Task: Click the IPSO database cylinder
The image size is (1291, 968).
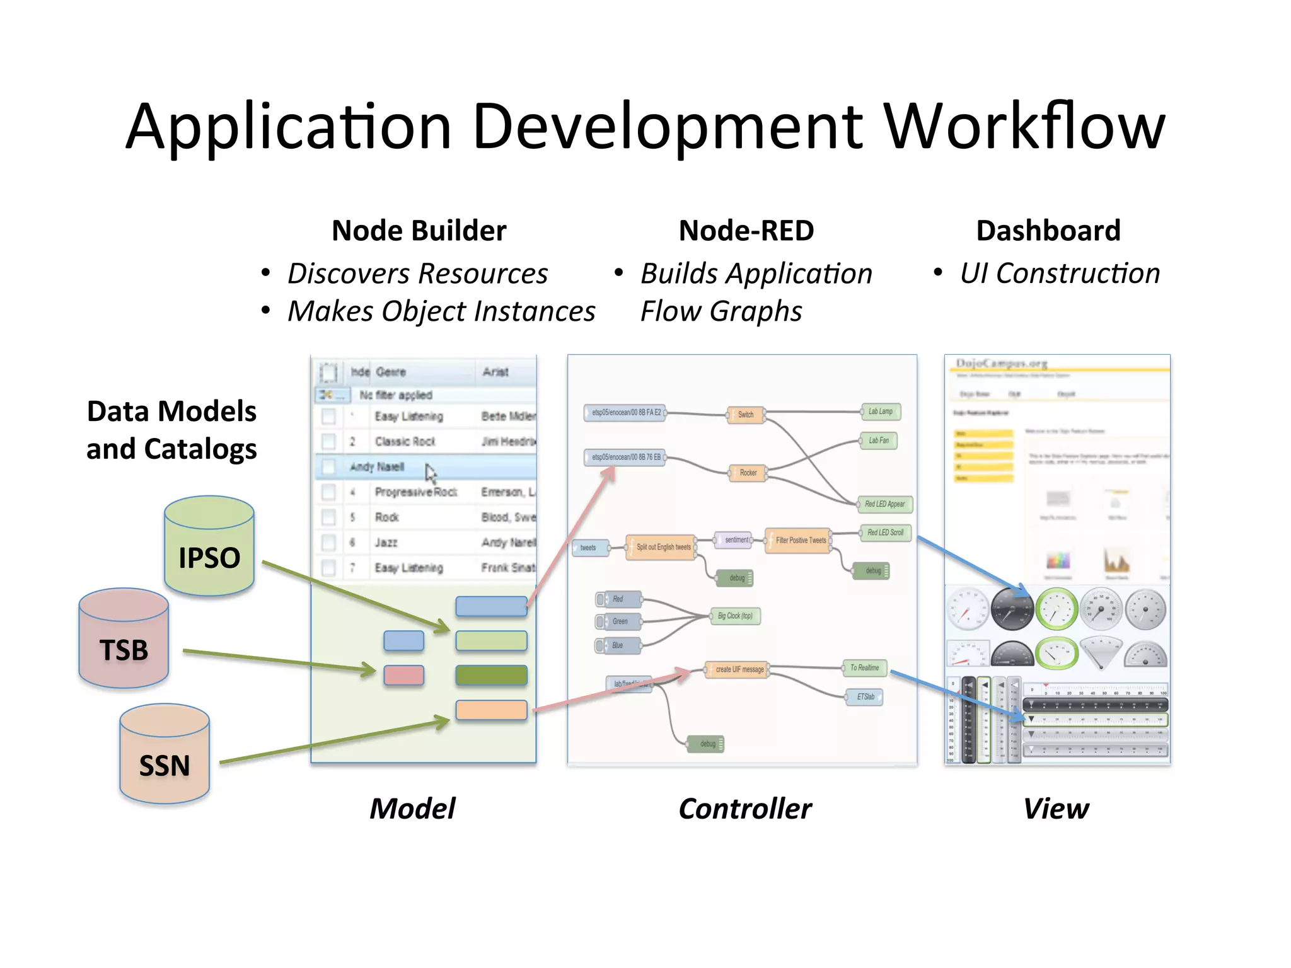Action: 209,547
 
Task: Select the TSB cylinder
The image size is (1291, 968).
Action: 124,639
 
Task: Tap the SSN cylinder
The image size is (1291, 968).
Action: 165,755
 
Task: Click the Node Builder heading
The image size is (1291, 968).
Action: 419,231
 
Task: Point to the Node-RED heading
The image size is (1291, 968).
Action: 746,231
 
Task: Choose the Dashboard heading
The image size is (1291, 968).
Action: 1048,231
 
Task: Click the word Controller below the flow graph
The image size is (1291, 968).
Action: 745,809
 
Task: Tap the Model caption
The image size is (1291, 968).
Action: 412,809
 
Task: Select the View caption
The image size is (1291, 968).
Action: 1056,809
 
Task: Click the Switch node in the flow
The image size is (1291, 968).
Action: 746,415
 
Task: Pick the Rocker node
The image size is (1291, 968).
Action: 748,473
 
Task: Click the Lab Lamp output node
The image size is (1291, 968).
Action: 881,412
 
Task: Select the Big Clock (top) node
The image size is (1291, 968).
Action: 735,616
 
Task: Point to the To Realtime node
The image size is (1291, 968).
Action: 864,667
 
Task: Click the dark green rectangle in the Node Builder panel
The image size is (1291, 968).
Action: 491,675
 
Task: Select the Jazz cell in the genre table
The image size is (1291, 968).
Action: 386,543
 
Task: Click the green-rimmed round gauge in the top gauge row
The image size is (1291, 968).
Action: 1057,609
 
